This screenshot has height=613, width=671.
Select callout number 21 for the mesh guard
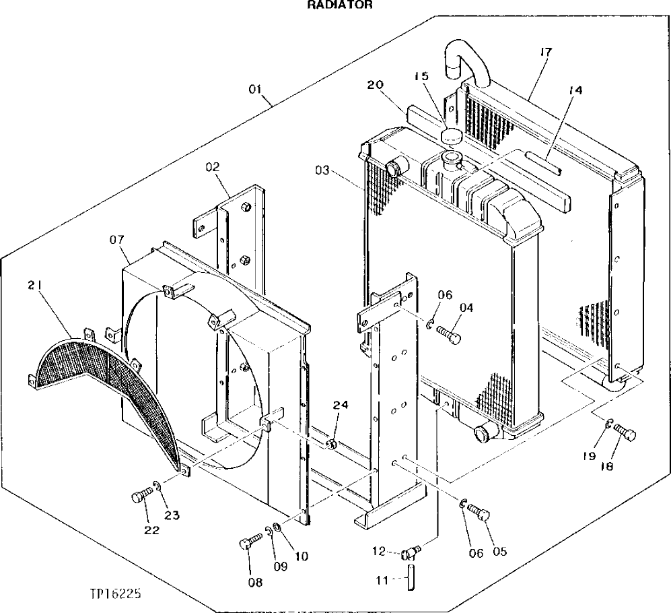[35, 286]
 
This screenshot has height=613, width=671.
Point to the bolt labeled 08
[249, 541]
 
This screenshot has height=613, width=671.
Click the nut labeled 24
[332, 445]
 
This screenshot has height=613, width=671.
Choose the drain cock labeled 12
[410, 553]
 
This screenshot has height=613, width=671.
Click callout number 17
[545, 51]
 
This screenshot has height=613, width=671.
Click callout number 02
[213, 165]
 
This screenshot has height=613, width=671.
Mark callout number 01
[256, 89]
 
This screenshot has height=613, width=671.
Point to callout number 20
[376, 85]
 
